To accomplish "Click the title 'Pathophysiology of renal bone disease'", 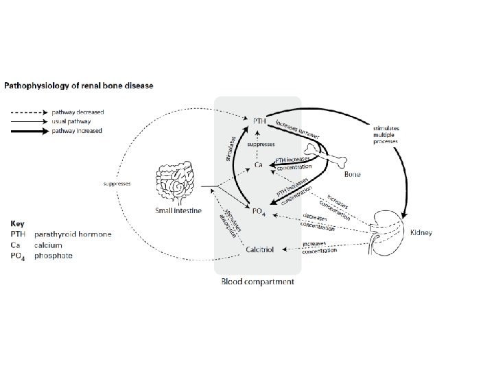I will coord(79,86).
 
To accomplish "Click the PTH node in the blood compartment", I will coord(253,120).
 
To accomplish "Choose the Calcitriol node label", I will coord(260,250).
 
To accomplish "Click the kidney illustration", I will coord(384,227).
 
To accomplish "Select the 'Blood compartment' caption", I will coord(257,282).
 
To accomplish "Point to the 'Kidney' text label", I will coord(421,233).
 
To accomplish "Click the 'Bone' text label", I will coord(352,175).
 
